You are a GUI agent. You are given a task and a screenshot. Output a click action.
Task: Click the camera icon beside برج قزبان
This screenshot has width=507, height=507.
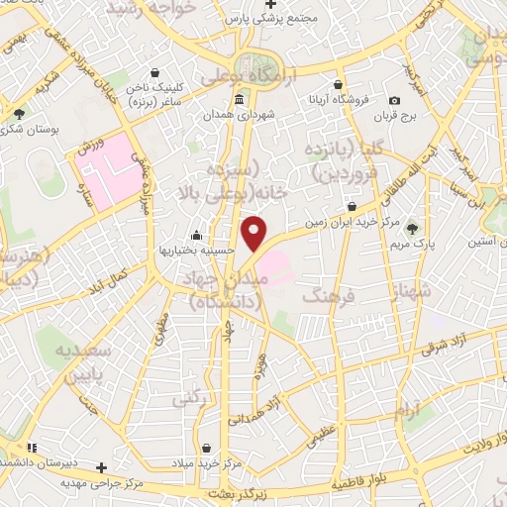pyautogui.click(x=394, y=100)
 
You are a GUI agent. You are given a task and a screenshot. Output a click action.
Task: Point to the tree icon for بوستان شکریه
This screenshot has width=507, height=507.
pyautogui.click(x=19, y=114)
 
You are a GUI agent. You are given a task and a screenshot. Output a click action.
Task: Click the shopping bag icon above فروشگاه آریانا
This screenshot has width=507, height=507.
pyautogui.click(x=339, y=84)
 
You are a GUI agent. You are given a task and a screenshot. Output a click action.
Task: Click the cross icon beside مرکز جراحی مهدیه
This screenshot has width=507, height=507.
pyautogui.click(x=100, y=466)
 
